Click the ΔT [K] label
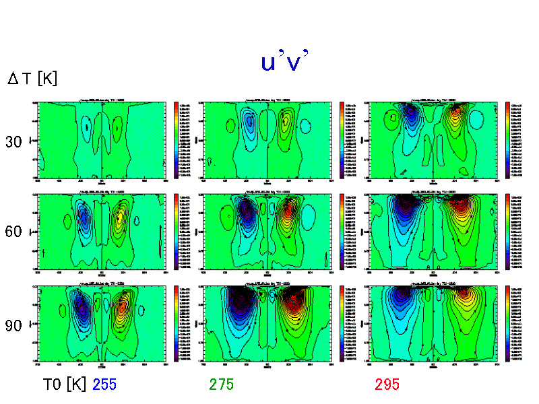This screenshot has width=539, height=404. (32, 79)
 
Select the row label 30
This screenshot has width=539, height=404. (13, 142)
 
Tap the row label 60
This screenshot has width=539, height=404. (13, 232)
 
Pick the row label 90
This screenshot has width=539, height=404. (13, 325)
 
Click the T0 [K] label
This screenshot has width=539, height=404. (64, 384)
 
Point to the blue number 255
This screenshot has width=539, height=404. (104, 384)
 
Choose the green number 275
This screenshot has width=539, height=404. (221, 384)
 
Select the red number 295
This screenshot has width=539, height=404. (387, 384)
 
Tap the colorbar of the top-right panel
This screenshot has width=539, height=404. (507, 140)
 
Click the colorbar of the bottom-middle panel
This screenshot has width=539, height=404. (342, 323)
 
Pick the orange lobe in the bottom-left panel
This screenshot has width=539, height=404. (121, 310)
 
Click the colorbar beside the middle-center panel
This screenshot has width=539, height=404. (342, 231)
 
